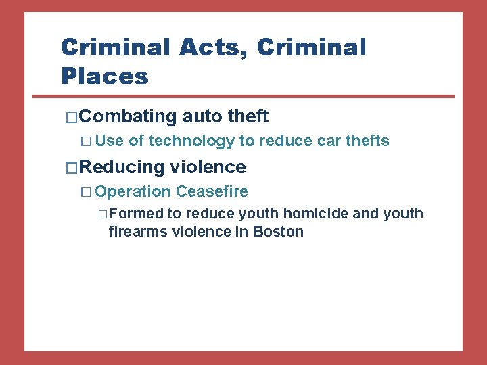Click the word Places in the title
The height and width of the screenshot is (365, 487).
(x=104, y=76)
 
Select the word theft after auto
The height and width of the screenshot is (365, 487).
(x=248, y=116)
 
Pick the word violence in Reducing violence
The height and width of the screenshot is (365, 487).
(x=208, y=166)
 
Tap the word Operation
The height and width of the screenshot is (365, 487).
(x=133, y=191)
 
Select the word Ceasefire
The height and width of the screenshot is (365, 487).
(x=212, y=191)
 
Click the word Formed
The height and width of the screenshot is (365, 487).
(x=136, y=214)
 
